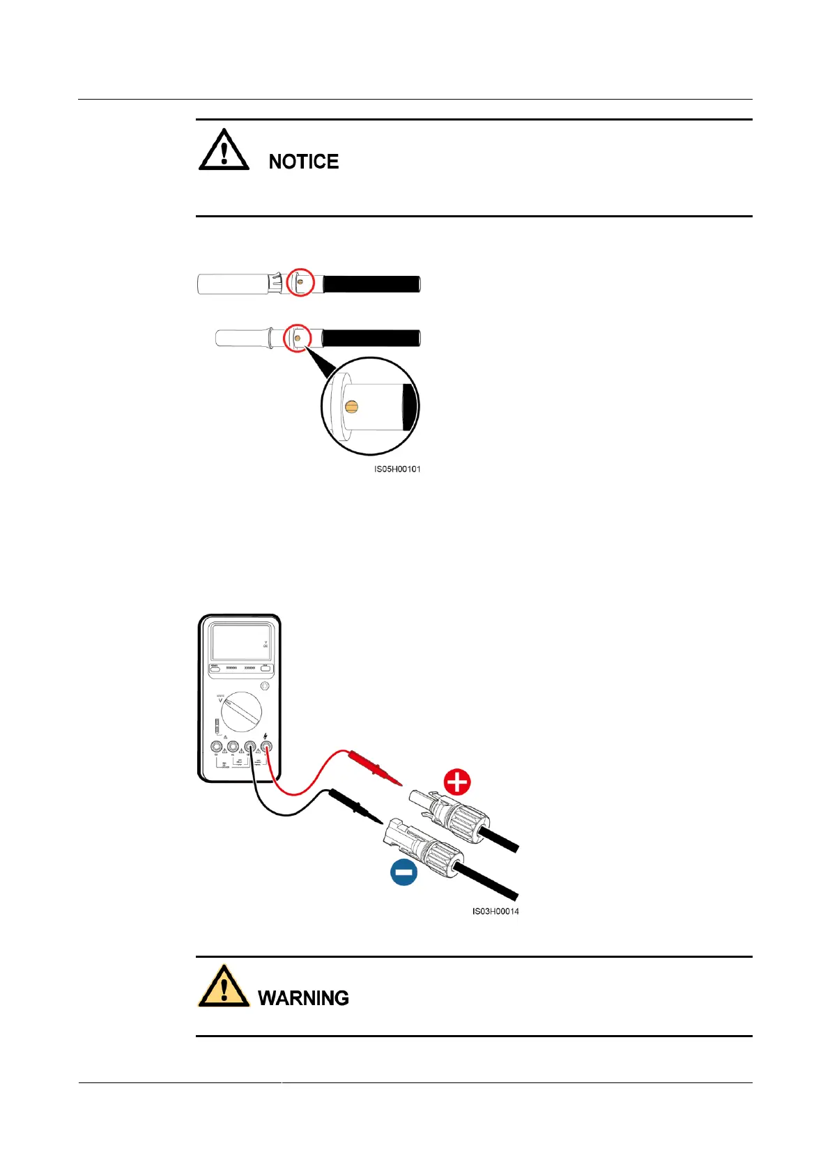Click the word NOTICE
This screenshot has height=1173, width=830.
303,162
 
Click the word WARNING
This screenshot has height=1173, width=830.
303,998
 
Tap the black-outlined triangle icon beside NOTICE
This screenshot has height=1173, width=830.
224,150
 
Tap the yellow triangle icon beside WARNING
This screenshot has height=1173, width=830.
224,987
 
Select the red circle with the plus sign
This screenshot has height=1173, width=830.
457,782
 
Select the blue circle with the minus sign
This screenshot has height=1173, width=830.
404,872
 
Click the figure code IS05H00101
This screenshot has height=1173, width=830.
397,469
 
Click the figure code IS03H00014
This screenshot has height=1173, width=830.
495,912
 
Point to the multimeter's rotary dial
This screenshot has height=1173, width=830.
241,712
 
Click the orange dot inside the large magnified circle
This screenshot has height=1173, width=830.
351,406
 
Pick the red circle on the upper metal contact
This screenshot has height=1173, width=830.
301,282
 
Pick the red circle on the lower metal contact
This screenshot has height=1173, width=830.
298,338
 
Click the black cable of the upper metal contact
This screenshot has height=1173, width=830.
371,284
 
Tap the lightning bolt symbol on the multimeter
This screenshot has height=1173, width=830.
266,736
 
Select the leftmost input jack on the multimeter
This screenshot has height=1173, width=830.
217,747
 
